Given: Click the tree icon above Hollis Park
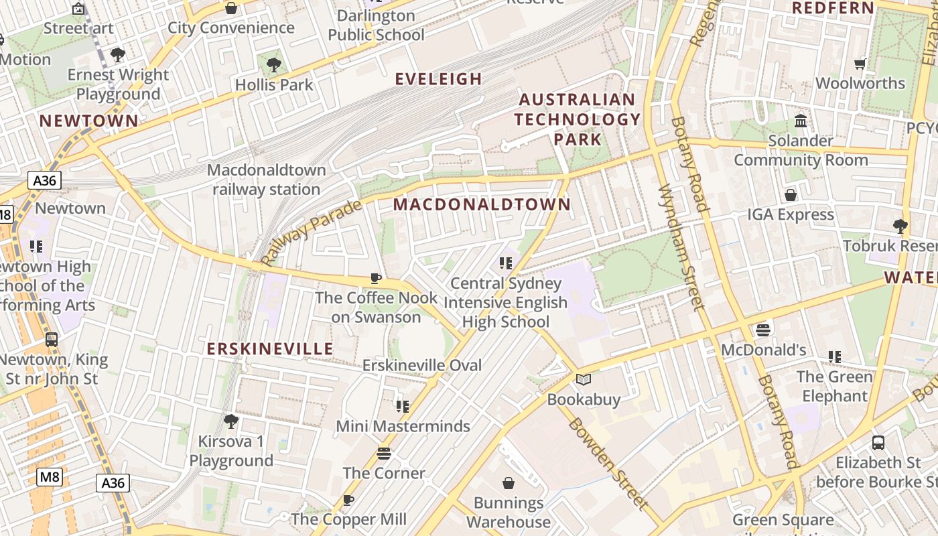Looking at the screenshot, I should pyautogui.click(x=273, y=65).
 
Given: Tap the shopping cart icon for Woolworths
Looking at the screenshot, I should pyautogui.click(x=860, y=64).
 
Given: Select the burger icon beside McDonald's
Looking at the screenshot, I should pyautogui.click(x=763, y=330).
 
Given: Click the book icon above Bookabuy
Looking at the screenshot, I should pyautogui.click(x=584, y=380).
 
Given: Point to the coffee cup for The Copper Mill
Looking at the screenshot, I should pyautogui.click(x=348, y=500).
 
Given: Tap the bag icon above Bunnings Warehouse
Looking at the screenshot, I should pyautogui.click(x=509, y=483).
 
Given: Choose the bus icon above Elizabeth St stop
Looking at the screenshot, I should pyautogui.click(x=878, y=443).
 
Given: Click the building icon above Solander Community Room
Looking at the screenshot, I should pyautogui.click(x=801, y=121).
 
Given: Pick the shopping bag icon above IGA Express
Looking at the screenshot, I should pyautogui.click(x=791, y=195).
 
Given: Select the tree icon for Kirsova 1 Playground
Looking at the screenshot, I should pyautogui.click(x=231, y=421).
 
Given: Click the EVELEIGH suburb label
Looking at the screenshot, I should pyautogui.click(x=438, y=79).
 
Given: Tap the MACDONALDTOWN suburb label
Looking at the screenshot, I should pyautogui.click(x=482, y=204).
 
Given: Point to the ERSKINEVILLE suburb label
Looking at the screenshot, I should pyautogui.click(x=270, y=349).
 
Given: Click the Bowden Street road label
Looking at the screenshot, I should pyautogui.click(x=608, y=463).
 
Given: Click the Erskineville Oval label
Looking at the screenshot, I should pyautogui.click(x=421, y=365).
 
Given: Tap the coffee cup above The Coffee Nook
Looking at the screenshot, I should pyautogui.click(x=376, y=278).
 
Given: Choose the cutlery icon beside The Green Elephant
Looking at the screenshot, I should pyautogui.click(x=834, y=357).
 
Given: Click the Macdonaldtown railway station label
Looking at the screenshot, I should pyautogui.click(x=267, y=180).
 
